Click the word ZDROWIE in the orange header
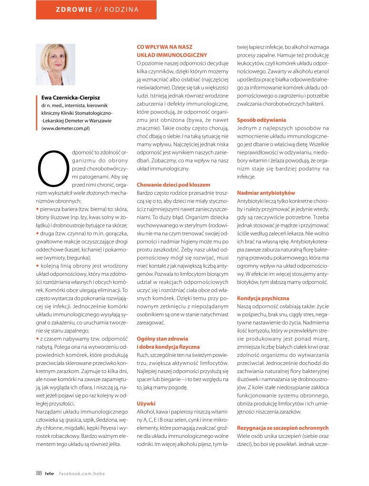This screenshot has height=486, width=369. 74,9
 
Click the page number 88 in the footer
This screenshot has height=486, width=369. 39,473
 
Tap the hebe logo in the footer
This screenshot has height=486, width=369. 50,473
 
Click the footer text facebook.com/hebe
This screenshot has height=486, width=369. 82,473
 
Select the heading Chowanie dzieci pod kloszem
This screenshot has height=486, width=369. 173,184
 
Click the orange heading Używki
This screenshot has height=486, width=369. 146,403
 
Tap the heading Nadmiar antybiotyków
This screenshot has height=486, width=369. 266,192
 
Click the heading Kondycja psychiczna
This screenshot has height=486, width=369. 263,298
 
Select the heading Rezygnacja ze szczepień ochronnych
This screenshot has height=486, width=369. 283,427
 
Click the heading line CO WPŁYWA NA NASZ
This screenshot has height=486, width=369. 163,47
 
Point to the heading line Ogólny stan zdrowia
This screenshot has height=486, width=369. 162,338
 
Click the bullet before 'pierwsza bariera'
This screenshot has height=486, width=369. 38,209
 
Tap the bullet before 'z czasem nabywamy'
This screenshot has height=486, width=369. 38,338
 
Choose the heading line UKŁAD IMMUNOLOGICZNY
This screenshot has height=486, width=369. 171,55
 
